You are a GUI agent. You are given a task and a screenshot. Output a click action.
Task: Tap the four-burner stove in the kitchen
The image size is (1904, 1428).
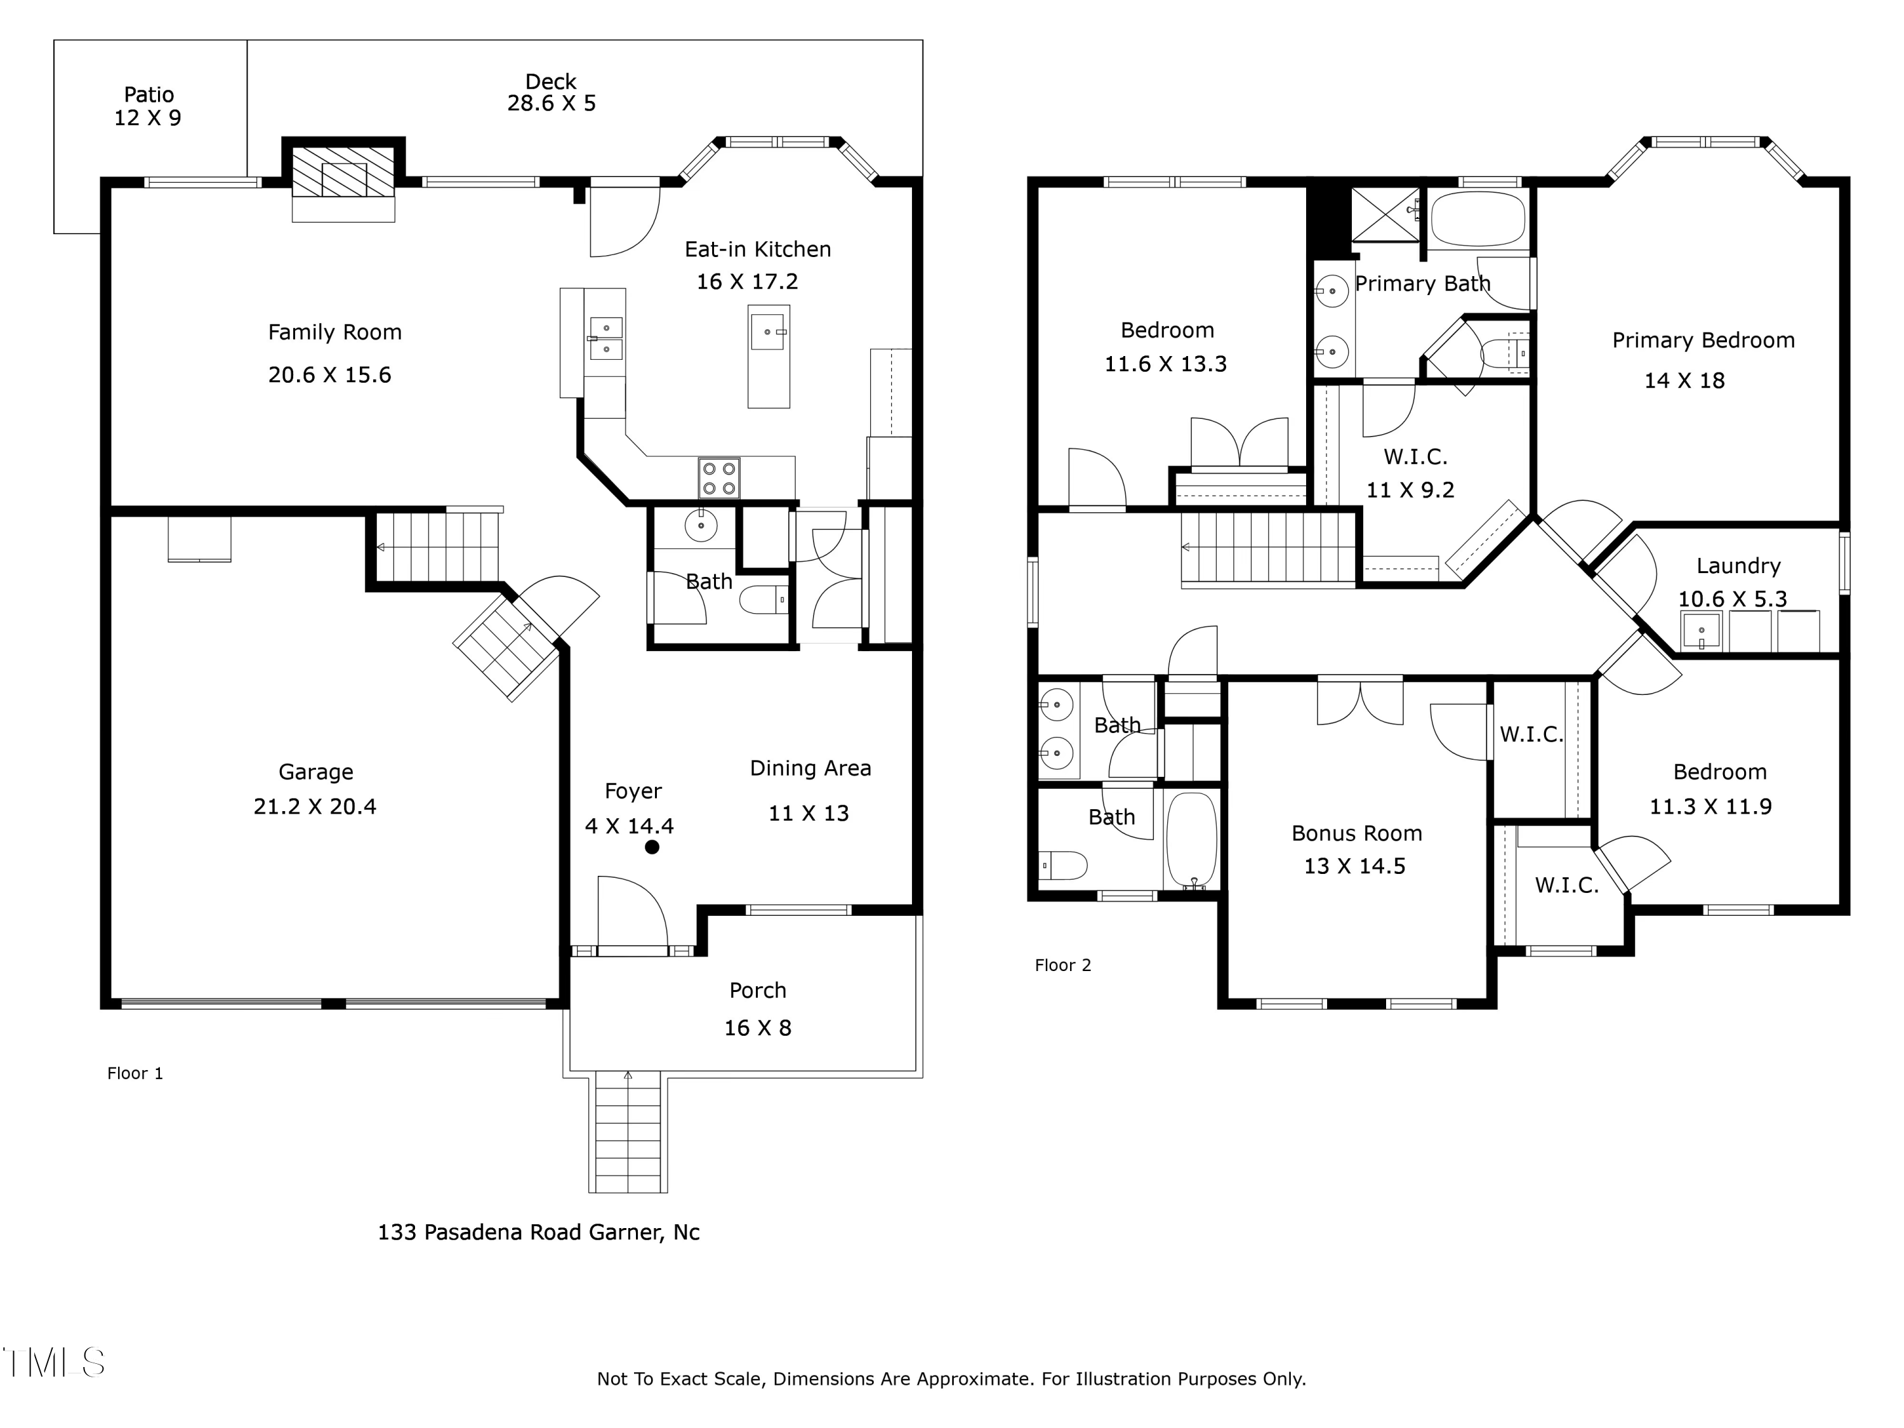[x=718, y=478]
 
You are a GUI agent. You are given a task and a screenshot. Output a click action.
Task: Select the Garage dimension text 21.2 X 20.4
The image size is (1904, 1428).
[x=315, y=807]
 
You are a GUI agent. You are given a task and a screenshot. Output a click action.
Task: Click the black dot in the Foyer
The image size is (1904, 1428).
[x=652, y=847]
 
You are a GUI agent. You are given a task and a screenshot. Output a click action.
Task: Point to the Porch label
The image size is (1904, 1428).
[x=757, y=991]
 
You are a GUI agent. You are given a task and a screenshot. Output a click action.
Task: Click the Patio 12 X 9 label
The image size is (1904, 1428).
[x=148, y=106]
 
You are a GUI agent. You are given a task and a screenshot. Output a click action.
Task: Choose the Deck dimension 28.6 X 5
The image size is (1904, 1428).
[x=551, y=103]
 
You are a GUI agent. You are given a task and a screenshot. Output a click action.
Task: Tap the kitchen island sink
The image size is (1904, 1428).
[x=768, y=333]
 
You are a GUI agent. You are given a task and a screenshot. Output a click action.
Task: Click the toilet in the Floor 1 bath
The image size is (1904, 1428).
[x=764, y=599]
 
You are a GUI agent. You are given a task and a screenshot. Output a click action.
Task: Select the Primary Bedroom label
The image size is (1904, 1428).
[x=1703, y=341]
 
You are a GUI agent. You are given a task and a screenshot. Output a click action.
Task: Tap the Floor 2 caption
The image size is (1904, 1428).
[x=1063, y=966]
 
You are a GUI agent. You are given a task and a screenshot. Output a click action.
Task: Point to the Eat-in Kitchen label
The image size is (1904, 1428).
[x=757, y=249]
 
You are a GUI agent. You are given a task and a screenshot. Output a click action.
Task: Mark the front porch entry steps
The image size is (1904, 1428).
[x=628, y=1132]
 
